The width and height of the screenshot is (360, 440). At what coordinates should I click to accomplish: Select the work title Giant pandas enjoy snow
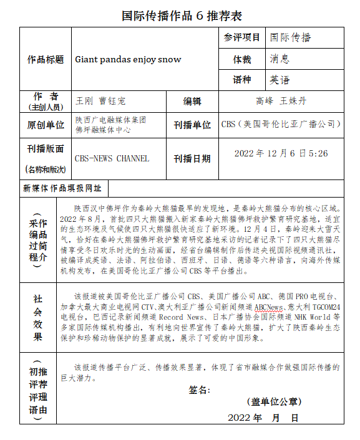(x=128, y=60)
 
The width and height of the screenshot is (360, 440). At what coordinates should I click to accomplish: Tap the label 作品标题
(x=46, y=60)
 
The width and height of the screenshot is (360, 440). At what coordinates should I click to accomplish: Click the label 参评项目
(x=242, y=38)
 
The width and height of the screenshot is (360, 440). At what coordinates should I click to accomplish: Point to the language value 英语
(x=280, y=80)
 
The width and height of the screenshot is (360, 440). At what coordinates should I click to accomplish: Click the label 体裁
(x=242, y=60)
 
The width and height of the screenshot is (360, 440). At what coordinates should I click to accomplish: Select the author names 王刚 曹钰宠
(x=100, y=100)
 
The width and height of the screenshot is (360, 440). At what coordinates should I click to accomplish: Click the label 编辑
(x=192, y=101)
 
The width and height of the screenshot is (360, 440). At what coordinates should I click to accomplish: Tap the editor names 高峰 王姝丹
(x=281, y=100)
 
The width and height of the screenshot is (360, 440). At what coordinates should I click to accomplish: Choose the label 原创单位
(x=46, y=125)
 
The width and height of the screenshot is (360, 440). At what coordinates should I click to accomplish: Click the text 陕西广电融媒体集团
(x=111, y=120)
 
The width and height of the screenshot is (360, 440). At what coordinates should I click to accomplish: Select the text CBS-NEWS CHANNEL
(x=112, y=158)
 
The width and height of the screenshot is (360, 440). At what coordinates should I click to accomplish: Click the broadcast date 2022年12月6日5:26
(x=281, y=153)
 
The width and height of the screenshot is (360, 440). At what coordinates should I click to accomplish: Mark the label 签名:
(x=199, y=390)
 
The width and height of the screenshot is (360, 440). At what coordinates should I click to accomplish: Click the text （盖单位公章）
(x=273, y=401)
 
